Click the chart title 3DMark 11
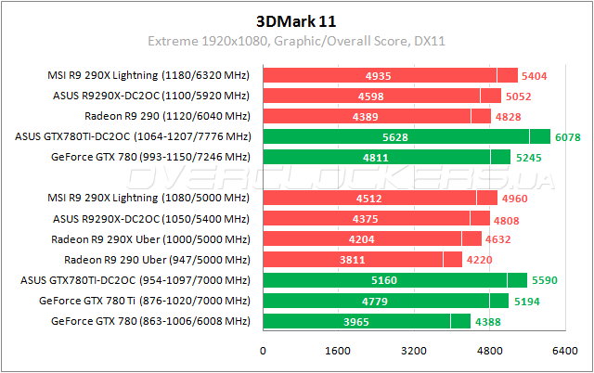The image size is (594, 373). (296, 19)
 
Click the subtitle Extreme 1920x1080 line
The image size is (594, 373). (296, 41)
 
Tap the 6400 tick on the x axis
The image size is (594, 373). (565, 352)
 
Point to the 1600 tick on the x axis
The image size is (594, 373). (339, 352)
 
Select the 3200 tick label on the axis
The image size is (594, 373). (414, 352)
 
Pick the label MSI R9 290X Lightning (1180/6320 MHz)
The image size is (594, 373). (148, 75)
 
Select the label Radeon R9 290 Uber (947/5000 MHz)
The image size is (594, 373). (157, 260)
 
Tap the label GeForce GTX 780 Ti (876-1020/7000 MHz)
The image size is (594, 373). (146, 301)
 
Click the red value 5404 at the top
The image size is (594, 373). (536, 75)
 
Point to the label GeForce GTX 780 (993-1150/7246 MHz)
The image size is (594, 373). (151, 157)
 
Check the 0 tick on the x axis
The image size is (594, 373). (264, 352)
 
